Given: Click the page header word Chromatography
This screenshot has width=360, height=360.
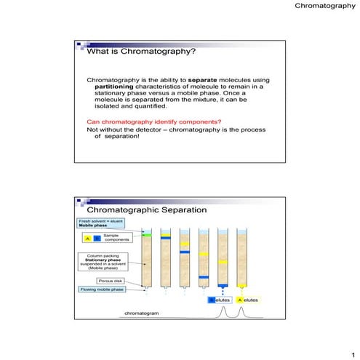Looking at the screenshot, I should point(325,7).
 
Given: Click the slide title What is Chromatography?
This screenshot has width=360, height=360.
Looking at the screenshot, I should point(141,52).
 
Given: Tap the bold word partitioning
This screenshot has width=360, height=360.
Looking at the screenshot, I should point(121,86).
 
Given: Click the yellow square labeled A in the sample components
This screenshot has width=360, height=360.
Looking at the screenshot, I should point(88,239).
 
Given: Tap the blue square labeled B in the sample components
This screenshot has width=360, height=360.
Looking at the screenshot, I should point(97,239).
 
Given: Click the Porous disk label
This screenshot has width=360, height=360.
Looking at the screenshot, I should point(107,280).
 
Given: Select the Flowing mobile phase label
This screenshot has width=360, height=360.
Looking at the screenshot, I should point(101,289).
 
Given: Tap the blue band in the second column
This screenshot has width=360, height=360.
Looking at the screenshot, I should point(166,237).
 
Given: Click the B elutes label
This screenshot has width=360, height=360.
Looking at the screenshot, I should point(220,300).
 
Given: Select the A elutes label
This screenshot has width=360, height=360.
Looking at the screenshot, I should point(247,300).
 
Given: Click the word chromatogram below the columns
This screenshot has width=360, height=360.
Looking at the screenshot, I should point(141,313).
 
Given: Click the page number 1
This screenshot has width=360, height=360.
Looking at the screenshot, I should point(351,351).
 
